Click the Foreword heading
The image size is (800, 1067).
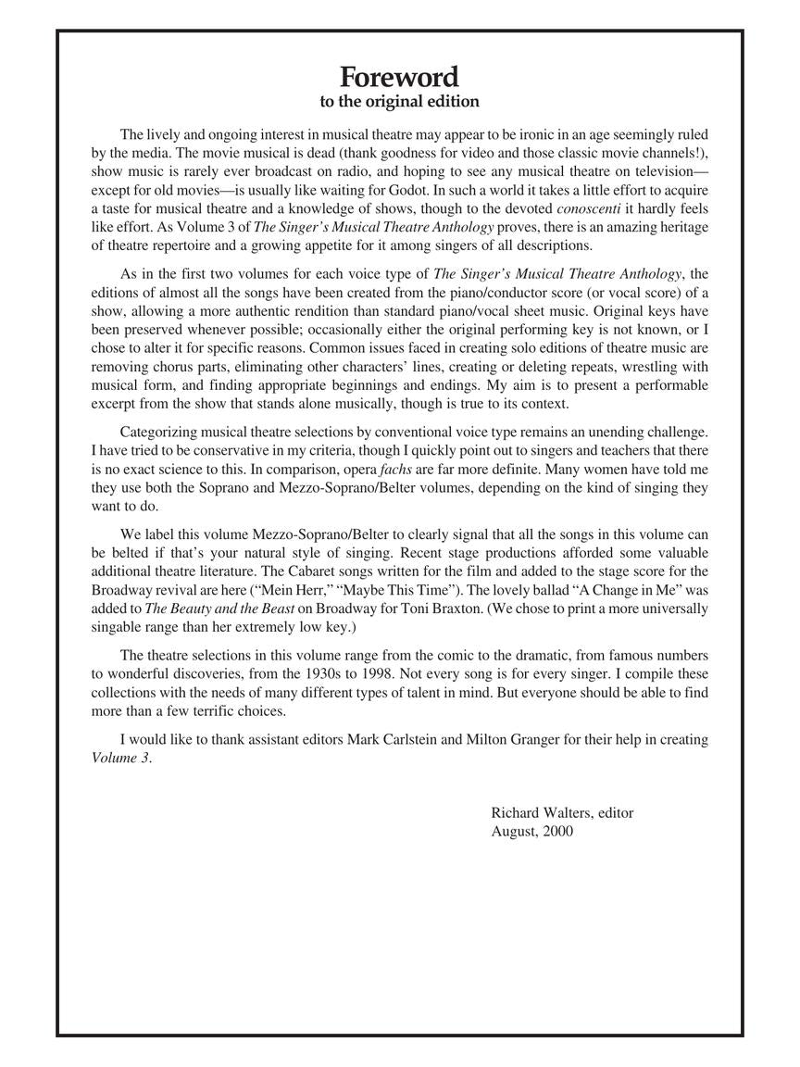click(399, 76)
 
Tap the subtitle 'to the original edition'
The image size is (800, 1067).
click(399, 101)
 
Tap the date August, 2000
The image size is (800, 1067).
click(532, 831)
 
